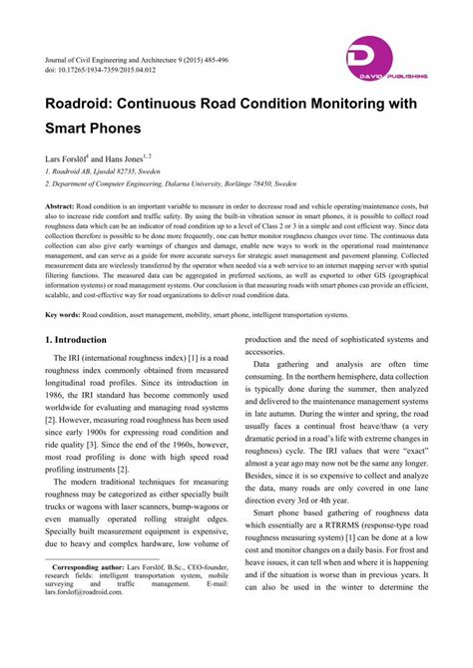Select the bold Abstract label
(x=63, y=206)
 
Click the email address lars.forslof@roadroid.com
(x=86, y=618)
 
